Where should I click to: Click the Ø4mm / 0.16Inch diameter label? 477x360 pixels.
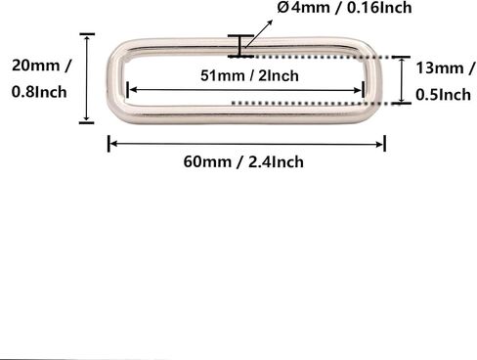pos(344,7)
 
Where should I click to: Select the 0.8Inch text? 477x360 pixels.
pos(39,92)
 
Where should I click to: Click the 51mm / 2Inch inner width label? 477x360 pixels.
pos(249,75)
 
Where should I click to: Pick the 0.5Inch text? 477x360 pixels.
pos(443,95)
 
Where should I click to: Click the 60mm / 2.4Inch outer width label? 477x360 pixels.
pos(243,161)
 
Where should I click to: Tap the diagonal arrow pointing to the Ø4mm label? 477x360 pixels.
pos(259,33)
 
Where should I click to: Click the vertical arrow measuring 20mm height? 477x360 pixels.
pos(87,78)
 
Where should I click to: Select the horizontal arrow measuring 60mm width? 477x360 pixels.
pos(246,144)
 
